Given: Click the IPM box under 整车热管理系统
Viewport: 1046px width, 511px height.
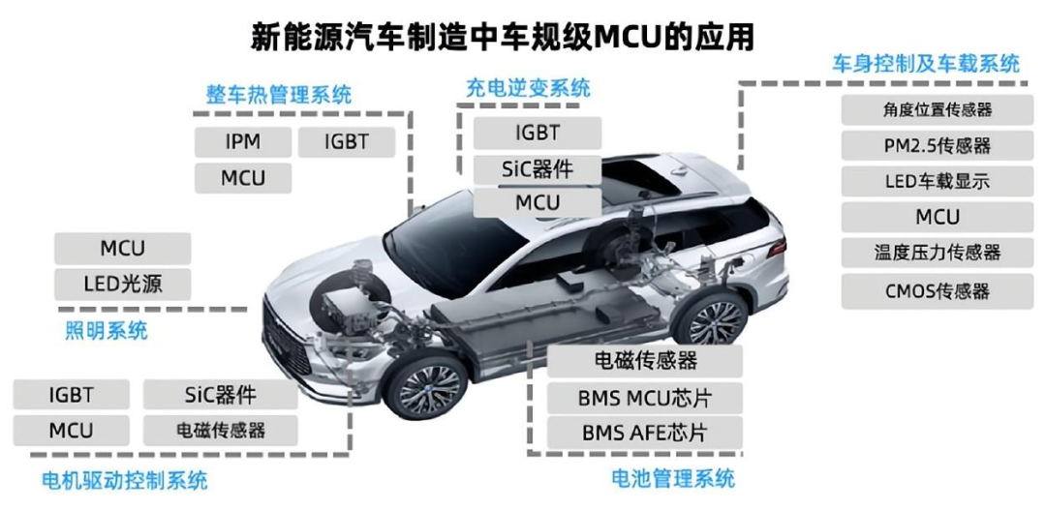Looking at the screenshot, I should (x=242, y=142).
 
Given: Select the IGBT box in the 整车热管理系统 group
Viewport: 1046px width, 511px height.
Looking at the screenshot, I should (x=346, y=142).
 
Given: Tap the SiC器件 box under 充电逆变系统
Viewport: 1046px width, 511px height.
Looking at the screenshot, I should (x=537, y=167).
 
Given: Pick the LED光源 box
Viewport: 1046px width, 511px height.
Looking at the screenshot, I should (x=122, y=284).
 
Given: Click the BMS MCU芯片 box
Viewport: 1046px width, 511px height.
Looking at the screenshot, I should (x=645, y=397).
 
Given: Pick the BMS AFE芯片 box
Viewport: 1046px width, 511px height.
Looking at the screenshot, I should (x=645, y=432).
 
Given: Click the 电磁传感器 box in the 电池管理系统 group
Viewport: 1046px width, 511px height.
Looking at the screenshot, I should (x=645, y=361).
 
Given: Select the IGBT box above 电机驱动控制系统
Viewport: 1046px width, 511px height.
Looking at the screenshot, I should (x=71, y=395).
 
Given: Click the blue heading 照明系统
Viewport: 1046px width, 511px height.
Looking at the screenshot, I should (x=107, y=330).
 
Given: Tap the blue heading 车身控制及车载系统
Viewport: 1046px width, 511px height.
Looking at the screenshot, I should (x=926, y=64).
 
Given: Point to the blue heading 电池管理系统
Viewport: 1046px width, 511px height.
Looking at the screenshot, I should (x=673, y=478).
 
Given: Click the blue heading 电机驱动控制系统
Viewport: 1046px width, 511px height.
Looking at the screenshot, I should (x=125, y=479).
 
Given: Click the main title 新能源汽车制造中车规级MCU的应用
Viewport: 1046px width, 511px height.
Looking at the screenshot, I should (x=503, y=37).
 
